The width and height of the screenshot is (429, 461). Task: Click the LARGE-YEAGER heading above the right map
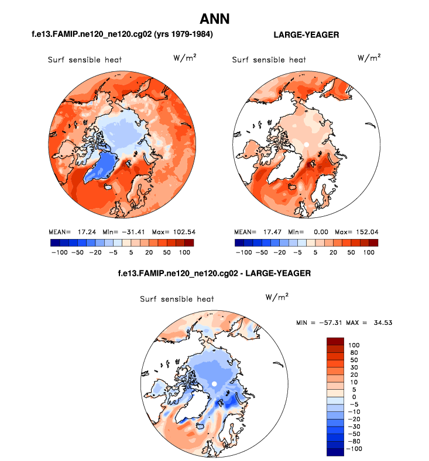[x=306, y=35]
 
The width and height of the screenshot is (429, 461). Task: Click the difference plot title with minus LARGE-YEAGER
[x=214, y=273]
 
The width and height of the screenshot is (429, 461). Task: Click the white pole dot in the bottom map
[x=215, y=383]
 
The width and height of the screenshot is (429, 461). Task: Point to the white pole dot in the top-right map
[x=306, y=143]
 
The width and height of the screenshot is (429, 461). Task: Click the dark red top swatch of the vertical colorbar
[x=335, y=341]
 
